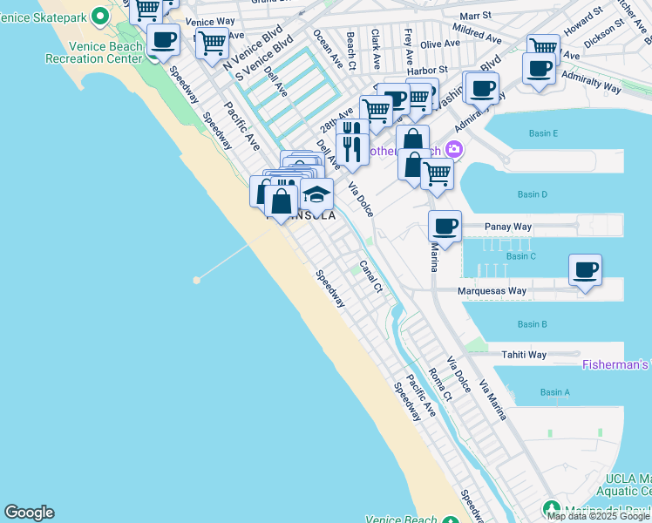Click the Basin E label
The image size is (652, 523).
543,133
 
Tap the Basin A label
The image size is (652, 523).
554,392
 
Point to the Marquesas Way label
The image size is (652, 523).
492,291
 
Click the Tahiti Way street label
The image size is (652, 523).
523,355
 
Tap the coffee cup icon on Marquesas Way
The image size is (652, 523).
586,269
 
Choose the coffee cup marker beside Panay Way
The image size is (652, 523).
445,227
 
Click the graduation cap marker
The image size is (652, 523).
317,194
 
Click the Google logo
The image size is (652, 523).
29,513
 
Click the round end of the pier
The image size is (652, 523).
197,280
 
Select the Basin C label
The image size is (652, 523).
520,256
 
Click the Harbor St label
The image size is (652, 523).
431,69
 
